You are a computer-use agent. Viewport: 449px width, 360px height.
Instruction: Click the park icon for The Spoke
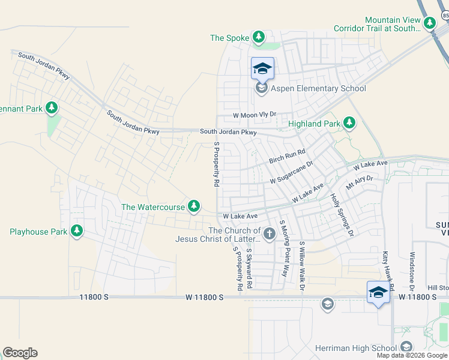point(259,38)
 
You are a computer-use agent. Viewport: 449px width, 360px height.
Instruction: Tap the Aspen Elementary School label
point(318,89)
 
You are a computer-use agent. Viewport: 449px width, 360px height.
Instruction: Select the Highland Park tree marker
point(349,124)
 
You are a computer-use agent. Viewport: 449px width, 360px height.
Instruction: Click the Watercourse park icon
point(193,206)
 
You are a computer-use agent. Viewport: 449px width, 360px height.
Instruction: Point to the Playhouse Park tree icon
point(76,231)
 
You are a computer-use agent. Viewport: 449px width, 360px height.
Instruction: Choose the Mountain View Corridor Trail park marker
point(429,24)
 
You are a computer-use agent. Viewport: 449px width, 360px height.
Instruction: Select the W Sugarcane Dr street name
point(292,172)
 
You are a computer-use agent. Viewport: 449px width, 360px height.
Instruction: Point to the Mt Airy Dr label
point(360,179)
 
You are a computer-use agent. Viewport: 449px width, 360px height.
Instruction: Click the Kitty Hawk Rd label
point(388,271)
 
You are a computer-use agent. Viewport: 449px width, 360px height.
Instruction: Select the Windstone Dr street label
point(412,272)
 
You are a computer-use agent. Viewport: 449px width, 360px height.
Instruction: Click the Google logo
point(20,353)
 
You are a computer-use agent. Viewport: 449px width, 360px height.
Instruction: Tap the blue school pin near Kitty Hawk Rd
point(378,293)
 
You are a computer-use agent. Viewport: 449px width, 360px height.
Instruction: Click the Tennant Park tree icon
point(52,108)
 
